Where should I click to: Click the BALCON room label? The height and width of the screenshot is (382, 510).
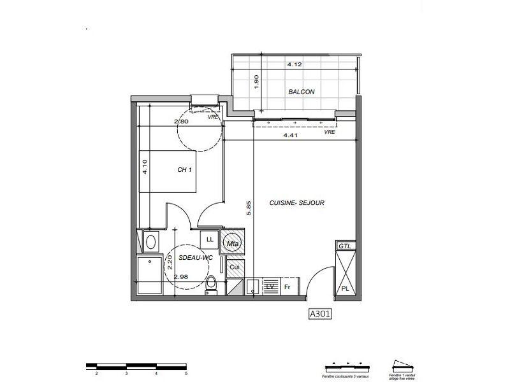(x=301, y=92)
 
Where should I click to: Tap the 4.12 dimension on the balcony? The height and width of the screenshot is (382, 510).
(x=293, y=64)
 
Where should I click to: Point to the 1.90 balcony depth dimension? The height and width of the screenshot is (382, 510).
(x=257, y=82)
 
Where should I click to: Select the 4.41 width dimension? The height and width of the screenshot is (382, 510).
(x=293, y=135)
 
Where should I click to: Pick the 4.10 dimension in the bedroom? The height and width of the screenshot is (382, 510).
(x=145, y=167)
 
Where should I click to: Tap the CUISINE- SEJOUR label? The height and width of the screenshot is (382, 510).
(x=297, y=202)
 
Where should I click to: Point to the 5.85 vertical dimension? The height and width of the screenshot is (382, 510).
(x=249, y=208)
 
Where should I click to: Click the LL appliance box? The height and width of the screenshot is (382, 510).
(x=209, y=239)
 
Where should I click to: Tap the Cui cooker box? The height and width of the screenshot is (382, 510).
(x=234, y=267)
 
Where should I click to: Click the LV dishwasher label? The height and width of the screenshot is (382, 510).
(x=270, y=287)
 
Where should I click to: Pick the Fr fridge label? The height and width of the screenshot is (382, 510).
(x=288, y=287)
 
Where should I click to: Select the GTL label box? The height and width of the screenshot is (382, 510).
(x=344, y=246)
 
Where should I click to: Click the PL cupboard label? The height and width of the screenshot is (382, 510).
(x=345, y=288)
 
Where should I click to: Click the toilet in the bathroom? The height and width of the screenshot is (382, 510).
(x=212, y=285)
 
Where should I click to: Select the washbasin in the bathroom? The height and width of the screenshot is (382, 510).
(x=150, y=241)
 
